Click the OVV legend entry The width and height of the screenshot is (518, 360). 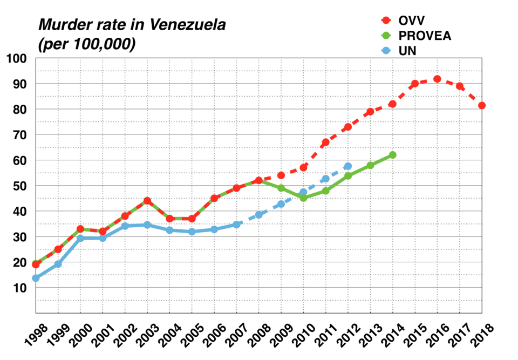pyautogui.click(x=412, y=21)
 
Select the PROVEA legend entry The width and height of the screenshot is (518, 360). pyautogui.click(x=424, y=36)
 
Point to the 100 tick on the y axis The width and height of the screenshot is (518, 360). pyautogui.click(x=17, y=58)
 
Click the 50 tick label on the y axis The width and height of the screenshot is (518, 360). pyautogui.click(x=20, y=186)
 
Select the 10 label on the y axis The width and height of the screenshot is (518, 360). pyautogui.click(x=20, y=288)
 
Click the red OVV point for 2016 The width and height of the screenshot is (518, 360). pyautogui.click(x=437, y=79)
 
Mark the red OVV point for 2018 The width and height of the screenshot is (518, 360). pyautogui.click(x=482, y=105)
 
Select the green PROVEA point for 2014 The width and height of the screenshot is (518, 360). pyautogui.click(x=393, y=155)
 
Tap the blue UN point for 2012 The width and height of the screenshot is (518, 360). pyautogui.click(x=348, y=166)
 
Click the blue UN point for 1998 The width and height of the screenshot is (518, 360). pyautogui.click(x=36, y=278)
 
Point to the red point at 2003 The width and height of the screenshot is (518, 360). pyautogui.click(x=147, y=201)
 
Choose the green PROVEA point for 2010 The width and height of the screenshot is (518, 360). pyautogui.click(x=303, y=198)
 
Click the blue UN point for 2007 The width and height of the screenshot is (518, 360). pyautogui.click(x=236, y=225)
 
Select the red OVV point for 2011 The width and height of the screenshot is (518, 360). pyautogui.click(x=326, y=142)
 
